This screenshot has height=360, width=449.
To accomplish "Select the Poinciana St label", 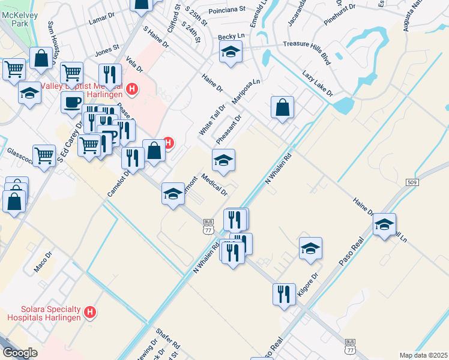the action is tap(228, 10).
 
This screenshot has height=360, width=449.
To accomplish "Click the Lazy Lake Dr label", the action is tap(318, 83).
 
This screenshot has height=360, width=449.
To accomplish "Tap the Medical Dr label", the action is tap(214, 185).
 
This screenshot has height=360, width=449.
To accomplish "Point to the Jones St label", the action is tap(107, 50).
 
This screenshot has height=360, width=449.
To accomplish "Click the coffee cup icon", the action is tap(72, 102).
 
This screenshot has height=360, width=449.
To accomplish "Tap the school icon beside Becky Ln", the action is tap(230, 53).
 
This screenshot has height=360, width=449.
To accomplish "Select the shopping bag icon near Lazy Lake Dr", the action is tap(282, 108).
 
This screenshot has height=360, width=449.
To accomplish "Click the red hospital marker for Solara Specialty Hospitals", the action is tap(90, 312).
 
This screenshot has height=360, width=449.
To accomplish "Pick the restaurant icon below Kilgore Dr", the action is tap(284, 294).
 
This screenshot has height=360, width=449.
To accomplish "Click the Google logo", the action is tap(20, 353).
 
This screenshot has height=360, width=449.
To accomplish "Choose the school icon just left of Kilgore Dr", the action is tap(310, 248).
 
